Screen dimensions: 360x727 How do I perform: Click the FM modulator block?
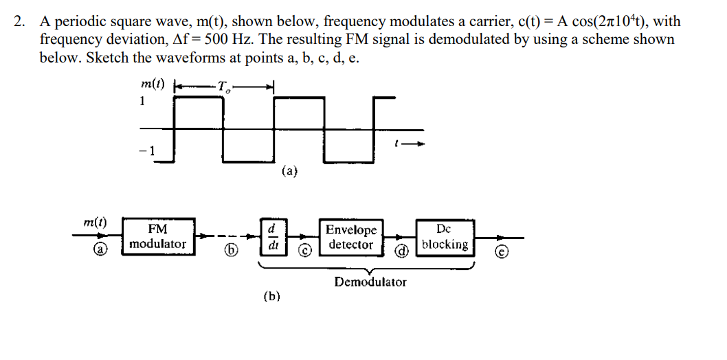pyautogui.click(x=157, y=236)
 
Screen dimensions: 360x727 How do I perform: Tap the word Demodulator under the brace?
pyautogui.click(x=370, y=282)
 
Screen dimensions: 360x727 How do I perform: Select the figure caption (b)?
pyautogui.click(x=271, y=297)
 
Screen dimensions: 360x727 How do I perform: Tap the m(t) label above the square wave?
pyautogui.click(x=152, y=85)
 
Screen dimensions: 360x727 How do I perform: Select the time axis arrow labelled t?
pyautogui.click(x=411, y=144)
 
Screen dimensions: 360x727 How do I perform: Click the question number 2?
pyautogui.click(x=19, y=22)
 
